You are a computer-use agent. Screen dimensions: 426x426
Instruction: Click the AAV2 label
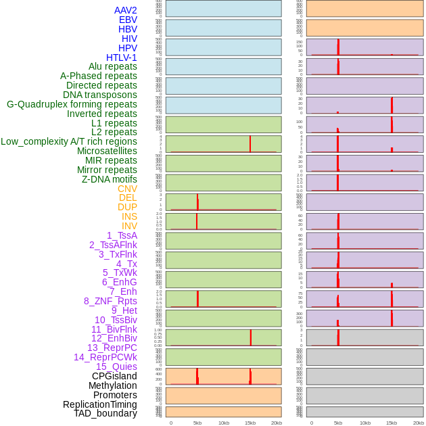[x=125, y=11]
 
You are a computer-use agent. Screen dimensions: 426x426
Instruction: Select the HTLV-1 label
[x=121, y=57]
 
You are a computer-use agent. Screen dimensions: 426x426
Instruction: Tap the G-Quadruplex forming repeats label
[x=72, y=104]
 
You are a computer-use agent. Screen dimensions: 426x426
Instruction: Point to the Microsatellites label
[x=107, y=151]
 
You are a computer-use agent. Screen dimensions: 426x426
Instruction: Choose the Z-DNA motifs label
[x=109, y=179]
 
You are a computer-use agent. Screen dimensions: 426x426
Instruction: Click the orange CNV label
[x=127, y=189]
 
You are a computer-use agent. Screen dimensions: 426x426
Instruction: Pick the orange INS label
[x=129, y=216]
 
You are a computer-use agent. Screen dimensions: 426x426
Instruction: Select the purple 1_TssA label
[x=122, y=235]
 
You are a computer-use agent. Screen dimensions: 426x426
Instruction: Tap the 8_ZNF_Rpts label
[x=110, y=301]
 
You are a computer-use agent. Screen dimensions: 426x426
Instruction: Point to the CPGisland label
[x=114, y=376]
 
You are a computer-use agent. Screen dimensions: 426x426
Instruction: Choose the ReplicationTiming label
[x=99, y=404]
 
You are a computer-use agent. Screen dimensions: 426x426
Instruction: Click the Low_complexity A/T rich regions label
[x=69, y=141]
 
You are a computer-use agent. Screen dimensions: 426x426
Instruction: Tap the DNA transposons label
[x=100, y=95]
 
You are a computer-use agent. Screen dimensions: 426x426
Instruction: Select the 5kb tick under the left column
[x=197, y=423]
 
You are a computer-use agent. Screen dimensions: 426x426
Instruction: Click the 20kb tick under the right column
[x=418, y=423]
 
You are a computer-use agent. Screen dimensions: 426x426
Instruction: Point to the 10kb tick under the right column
[x=364, y=423]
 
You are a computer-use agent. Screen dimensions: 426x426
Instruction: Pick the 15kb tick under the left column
[x=250, y=423]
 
